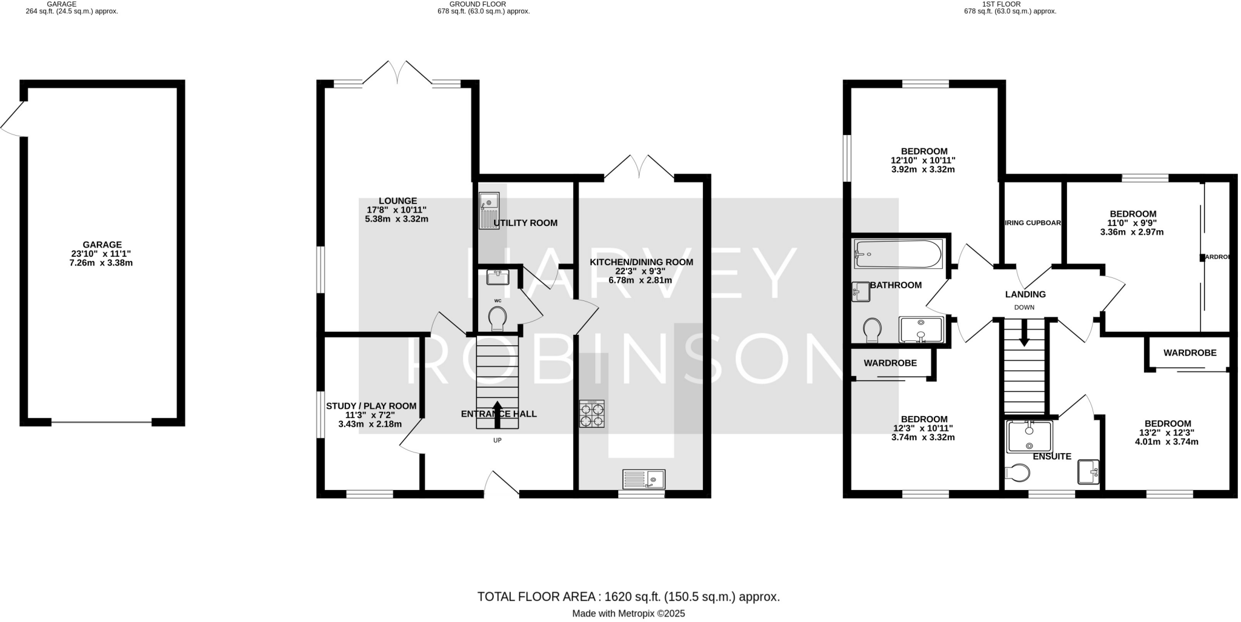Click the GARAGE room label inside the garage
[x=102, y=245]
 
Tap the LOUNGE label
[x=398, y=200]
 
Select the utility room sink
[x=488, y=210]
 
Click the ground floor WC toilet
[x=497, y=317]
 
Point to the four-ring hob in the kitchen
[x=591, y=414]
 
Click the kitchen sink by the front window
[x=644, y=479]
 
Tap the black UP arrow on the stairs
[x=497, y=414]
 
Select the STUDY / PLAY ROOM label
[x=371, y=406]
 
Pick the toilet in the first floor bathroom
[x=872, y=330]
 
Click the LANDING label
[x=1025, y=294]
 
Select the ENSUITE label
[x=1052, y=456]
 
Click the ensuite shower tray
[x=1029, y=436]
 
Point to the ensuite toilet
[x=1016, y=472]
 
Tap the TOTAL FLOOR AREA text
[x=628, y=597]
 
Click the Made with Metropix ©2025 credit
[x=628, y=614]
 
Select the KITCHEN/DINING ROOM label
[x=641, y=262]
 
